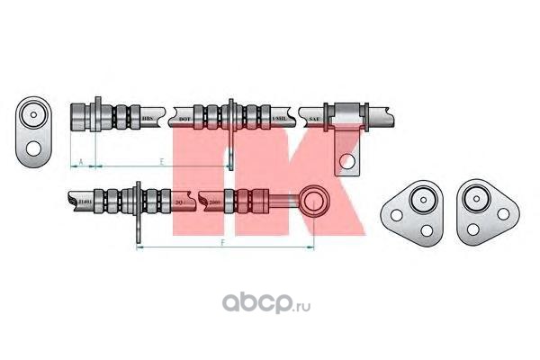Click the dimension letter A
[81, 161]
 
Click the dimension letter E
[160, 161]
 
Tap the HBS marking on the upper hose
[148, 118]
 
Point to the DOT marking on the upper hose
[184, 118]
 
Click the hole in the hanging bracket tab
[346, 161]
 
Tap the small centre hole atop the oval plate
[36, 115]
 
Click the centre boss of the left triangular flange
[419, 206]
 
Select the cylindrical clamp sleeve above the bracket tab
[346, 117]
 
